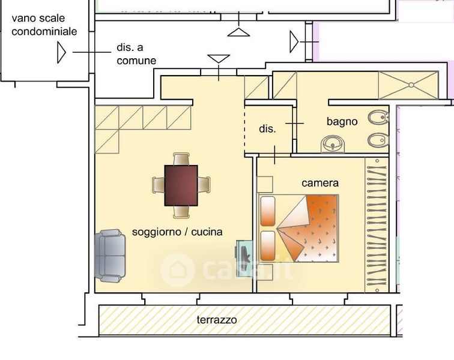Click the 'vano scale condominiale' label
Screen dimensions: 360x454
(x=44, y=25)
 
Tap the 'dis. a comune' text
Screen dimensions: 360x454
(x=136, y=55)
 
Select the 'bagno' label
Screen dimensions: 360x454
(x=342, y=121)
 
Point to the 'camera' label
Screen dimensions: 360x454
(x=320, y=183)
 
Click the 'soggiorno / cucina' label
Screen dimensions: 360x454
(x=177, y=232)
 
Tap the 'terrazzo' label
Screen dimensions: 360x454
(x=217, y=320)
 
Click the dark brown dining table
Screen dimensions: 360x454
(x=181, y=185)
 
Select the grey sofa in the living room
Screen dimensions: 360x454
(x=110, y=256)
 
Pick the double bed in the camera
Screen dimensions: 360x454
(x=298, y=228)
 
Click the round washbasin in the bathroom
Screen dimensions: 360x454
(x=333, y=144)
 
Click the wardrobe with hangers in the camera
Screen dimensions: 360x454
(x=377, y=222)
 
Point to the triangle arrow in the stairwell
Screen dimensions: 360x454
(x=61, y=52)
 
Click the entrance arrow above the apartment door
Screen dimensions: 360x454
(x=218, y=59)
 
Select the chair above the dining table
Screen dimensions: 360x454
(x=181, y=160)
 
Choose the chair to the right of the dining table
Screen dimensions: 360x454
(x=204, y=185)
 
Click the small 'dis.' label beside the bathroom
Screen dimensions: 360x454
(x=267, y=129)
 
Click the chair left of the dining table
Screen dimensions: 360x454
(x=158, y=185)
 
